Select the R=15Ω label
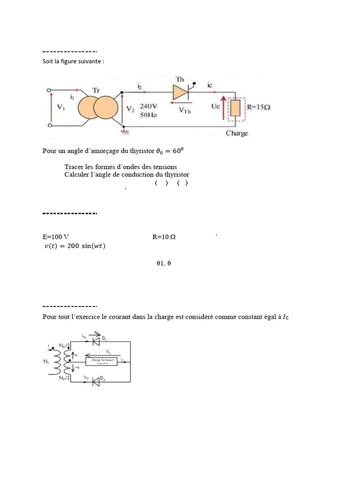coord(258,107)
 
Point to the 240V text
coord(148,105)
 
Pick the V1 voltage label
coord(61,107)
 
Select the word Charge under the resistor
coord(237,133)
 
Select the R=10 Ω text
coord(164,237)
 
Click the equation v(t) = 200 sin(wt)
coord(75,247)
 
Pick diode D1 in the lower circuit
coord(97,342)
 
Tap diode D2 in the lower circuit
coord(97,382)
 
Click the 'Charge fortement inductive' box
coord(102,361)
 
